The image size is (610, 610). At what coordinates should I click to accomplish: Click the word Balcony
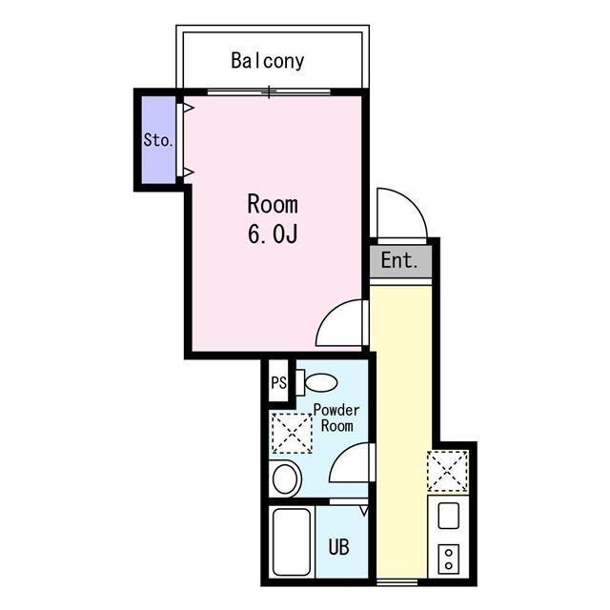point(268,61)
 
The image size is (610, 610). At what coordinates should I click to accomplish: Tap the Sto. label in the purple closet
point(157,140)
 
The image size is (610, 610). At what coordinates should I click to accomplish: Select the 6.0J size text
point(274,234)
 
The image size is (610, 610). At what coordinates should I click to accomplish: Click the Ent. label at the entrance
point(399,260)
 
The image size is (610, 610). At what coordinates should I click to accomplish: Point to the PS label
point(278,384)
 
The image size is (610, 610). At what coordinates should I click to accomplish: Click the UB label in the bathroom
point(338,547)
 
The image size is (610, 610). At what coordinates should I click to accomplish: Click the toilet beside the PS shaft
point(316,383)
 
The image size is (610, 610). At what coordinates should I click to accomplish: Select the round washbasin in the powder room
point(286,478)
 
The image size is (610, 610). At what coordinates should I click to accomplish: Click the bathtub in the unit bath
point(292,541)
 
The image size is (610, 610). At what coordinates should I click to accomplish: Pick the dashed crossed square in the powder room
point(292,434)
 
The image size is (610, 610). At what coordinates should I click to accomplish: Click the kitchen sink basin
point(448,518)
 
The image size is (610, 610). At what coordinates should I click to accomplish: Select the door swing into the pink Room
point(341,324)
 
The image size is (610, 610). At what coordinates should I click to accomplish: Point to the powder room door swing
point(351,465)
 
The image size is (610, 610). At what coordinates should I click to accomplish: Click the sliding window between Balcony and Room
point(271,91)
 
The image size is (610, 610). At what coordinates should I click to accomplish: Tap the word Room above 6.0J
point(273,204)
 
